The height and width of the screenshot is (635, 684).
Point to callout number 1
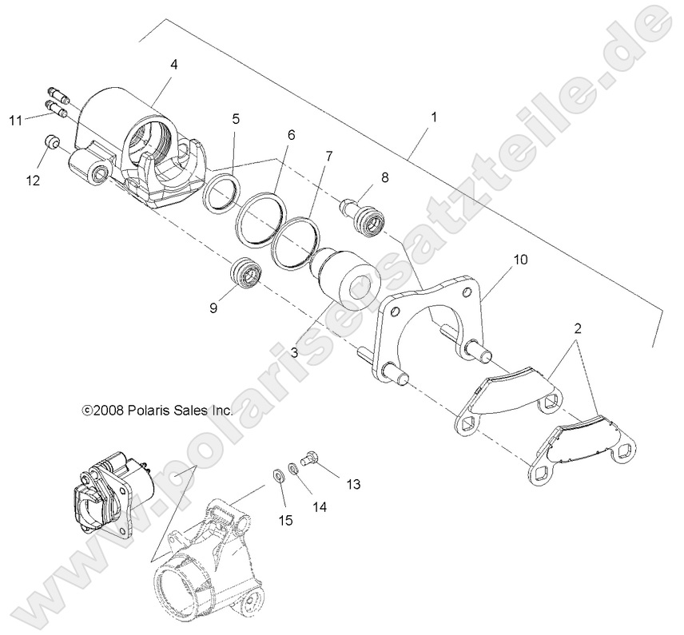tap(433, 117)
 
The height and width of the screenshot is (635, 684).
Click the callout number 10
tap(521, 260)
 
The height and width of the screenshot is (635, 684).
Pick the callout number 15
tap(286, 521)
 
